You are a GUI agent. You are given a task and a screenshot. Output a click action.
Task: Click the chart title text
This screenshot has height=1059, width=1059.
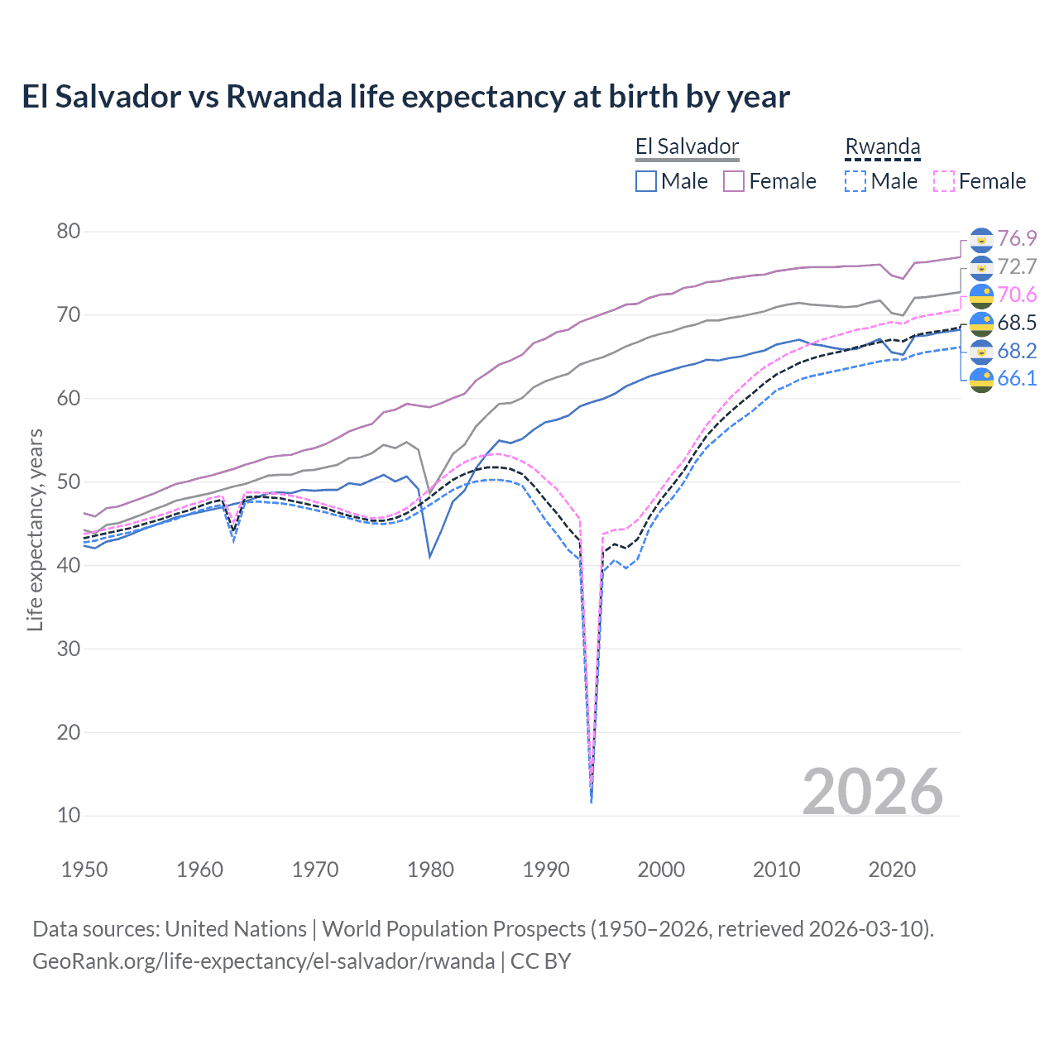(405, 97)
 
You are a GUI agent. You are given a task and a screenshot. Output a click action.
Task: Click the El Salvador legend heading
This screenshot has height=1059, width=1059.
(687, 147)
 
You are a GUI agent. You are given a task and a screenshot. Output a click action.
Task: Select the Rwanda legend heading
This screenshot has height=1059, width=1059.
(882, 147)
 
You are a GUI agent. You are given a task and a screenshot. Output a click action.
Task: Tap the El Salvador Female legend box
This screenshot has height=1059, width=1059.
(734, 181)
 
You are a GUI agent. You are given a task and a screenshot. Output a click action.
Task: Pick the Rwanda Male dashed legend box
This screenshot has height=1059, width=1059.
(855, 181)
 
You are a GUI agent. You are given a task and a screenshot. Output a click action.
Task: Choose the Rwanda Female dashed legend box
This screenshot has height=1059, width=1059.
(944, 181)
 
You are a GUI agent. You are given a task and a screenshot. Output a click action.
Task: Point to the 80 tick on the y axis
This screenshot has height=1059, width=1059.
(69, 232)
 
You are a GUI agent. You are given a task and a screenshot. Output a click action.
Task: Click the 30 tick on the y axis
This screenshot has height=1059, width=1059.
(69, 649)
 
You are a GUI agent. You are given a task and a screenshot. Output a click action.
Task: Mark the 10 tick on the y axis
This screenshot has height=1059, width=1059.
(69, 815)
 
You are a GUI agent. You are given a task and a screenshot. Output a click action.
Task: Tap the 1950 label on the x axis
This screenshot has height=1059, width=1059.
(84, 870)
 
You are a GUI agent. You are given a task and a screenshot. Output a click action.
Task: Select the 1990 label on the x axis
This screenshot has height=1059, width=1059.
(546, 870)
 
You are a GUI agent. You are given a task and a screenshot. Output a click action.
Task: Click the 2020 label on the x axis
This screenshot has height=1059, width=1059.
(892, 870)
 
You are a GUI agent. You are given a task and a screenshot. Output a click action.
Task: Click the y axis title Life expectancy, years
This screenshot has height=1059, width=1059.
(35, 529)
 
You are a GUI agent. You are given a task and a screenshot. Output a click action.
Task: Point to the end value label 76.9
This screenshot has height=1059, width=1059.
(1017, 239)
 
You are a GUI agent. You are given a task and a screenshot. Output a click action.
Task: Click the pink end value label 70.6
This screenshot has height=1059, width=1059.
(1017, 295)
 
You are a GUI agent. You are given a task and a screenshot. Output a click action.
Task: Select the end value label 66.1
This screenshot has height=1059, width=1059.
(1017, 379)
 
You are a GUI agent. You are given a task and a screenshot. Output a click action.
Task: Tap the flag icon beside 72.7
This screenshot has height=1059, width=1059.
(981, 267)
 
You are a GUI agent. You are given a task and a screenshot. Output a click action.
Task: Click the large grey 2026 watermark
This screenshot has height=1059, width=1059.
(872, 792)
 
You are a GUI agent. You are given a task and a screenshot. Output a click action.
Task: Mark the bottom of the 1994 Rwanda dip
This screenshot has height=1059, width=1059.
(591, 801)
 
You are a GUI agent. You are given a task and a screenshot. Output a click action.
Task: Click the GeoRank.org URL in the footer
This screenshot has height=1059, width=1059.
(263, 961)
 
